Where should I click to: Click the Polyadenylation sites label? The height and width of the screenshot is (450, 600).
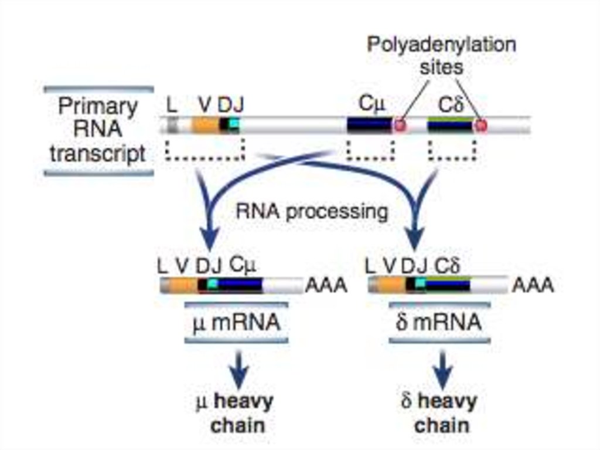pyautogui.click(x=441, y=55)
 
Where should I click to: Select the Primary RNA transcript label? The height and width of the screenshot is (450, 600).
pyautogui.click(x=98, y=130)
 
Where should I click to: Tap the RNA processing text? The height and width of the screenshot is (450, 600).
pyautogui.click(x=312, y=211)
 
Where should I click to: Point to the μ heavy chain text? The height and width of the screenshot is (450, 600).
pyautogui.click(x=236, y=414)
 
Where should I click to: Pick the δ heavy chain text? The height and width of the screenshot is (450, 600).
pyautogui.click(x=439, y=414)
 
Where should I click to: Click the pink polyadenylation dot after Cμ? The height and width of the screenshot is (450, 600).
pyautogui.click(x=400, y=125)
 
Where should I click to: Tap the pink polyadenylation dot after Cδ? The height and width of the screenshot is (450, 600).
pyautogui.click(x=481, y=125)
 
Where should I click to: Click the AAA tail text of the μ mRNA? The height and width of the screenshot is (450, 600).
pyautogui.click(x=326, y=286)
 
